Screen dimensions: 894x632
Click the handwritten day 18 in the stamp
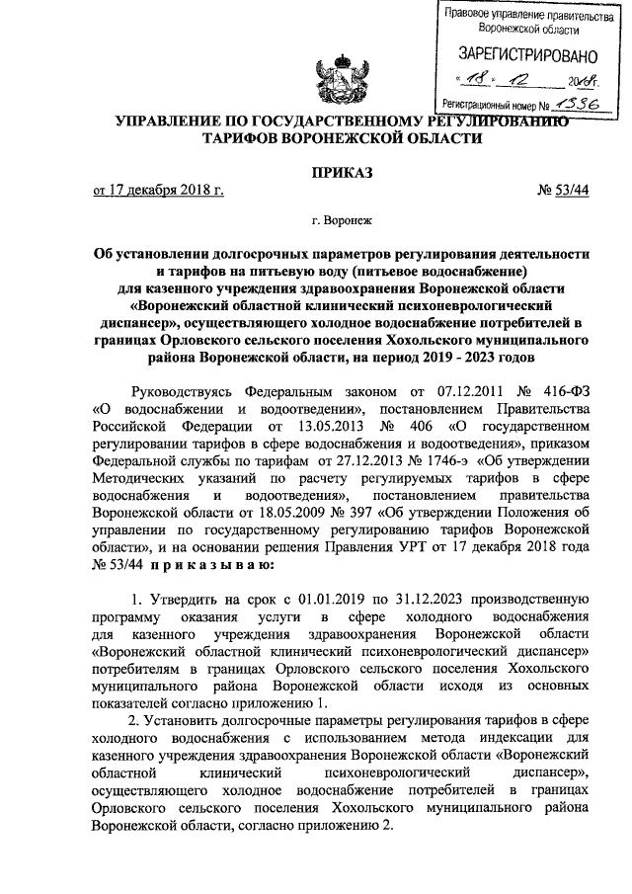click(x=481, y=81)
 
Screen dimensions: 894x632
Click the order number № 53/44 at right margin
click(x=563, y=191)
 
